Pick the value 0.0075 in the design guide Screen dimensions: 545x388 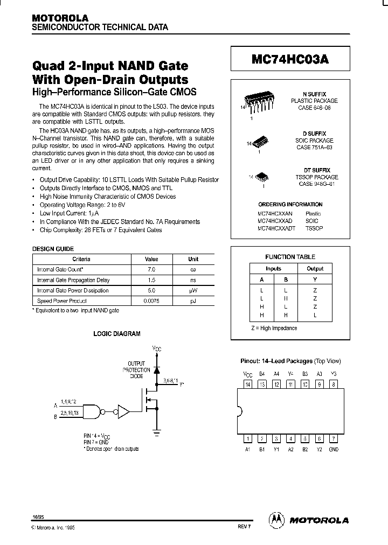point(151,301)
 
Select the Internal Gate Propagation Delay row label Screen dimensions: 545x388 point(73,280)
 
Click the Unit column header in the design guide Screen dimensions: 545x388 point(193,259)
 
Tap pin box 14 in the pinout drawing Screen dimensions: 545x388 point(248,385)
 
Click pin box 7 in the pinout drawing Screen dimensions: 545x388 point(334,438)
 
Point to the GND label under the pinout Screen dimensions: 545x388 point(334,449)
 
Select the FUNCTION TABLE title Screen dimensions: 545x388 point(290,257)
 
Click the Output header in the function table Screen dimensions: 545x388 point(315,268)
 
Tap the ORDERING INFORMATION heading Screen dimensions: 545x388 point(290,205)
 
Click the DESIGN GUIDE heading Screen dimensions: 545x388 point(53,249)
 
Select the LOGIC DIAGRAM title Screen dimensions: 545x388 point(117,334)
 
